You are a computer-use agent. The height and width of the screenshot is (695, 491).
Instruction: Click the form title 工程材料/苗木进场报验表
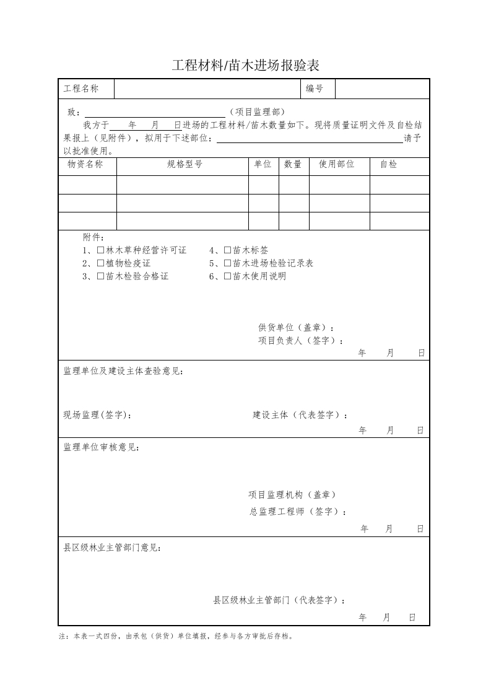(245, 65)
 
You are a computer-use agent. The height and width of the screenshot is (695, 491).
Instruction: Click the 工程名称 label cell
(81, 89)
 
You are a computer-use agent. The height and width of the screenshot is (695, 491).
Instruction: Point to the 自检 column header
(389, 164)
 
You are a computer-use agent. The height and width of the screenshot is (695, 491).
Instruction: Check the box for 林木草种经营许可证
(101, 250)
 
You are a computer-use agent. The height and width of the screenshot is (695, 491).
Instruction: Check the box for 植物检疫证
(101, 263)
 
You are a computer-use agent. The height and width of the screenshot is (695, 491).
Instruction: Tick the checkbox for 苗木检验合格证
(101, 276)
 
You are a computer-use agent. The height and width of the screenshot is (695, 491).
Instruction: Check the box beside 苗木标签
(228, 250)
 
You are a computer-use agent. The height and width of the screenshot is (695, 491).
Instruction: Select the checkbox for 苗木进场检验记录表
(228, 263)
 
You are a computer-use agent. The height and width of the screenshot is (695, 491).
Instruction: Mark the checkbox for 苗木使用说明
(228, 276)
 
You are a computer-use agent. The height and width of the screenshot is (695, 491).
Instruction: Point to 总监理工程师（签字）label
(298, 512)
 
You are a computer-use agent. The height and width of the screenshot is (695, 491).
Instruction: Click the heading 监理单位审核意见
(102, 447)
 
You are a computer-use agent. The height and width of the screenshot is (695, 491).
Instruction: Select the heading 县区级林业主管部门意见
(114, 548)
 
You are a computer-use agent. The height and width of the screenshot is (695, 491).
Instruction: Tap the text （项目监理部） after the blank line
(256, 112)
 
